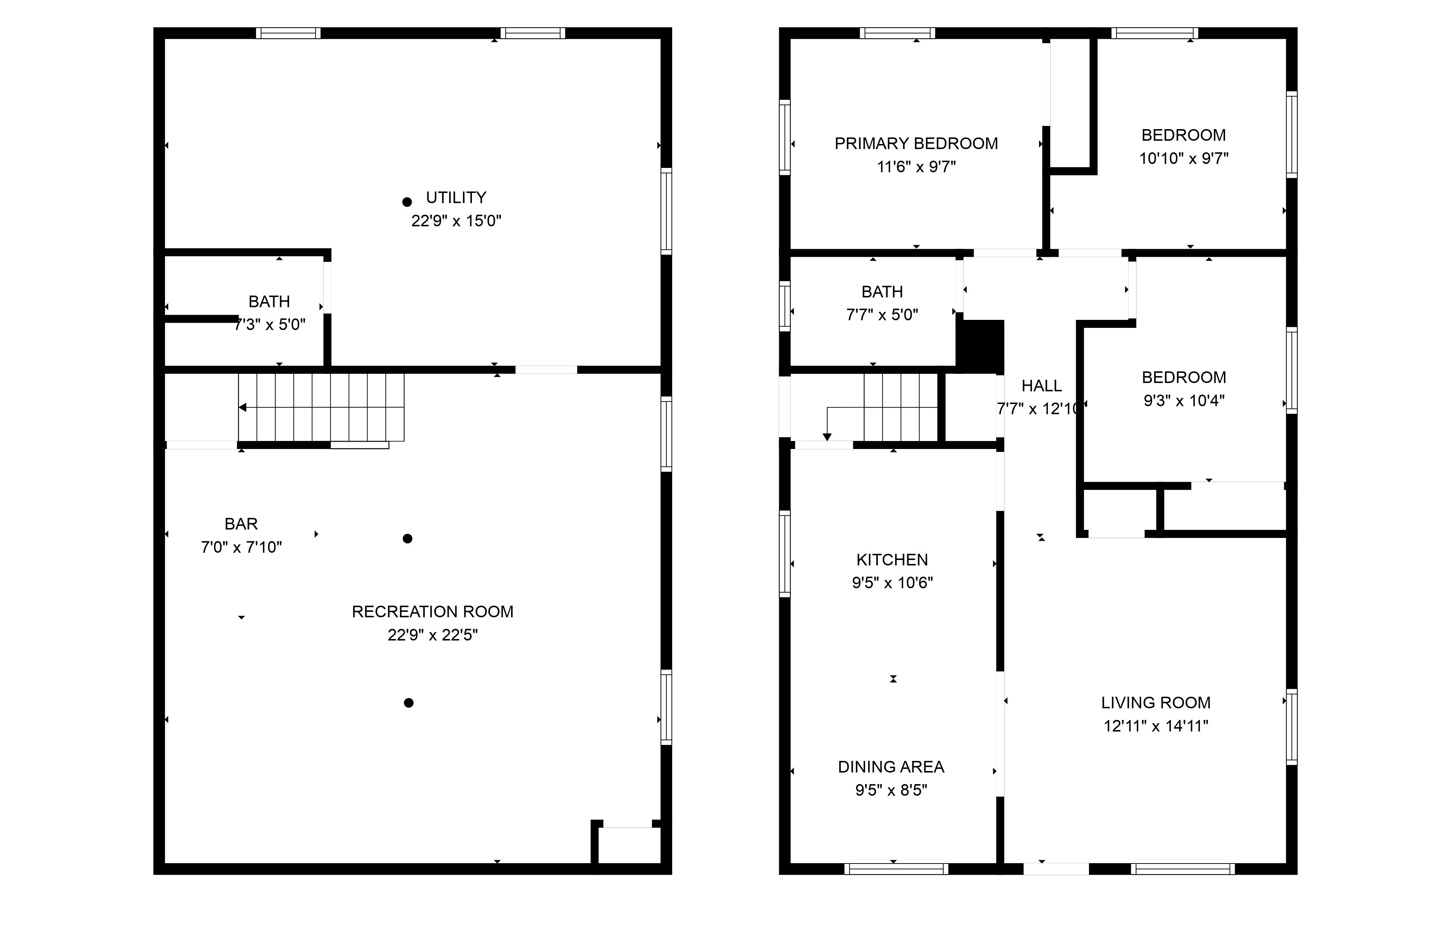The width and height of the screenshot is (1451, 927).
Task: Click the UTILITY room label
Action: (456, 198)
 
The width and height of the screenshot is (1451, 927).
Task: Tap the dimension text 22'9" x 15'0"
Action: (456, 221)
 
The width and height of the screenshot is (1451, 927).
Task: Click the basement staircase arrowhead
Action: (242, 408)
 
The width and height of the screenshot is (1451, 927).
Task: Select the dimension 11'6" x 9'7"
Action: (916, 167)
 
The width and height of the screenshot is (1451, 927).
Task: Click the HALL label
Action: (1041, 386)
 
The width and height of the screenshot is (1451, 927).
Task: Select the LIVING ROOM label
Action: (1155, 703)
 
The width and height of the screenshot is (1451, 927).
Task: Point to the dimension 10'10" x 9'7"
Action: (1183, 159)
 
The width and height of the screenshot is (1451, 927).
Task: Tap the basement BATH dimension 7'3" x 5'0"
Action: (270, 325)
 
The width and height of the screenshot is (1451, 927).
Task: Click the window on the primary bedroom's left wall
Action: (785, 137)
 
